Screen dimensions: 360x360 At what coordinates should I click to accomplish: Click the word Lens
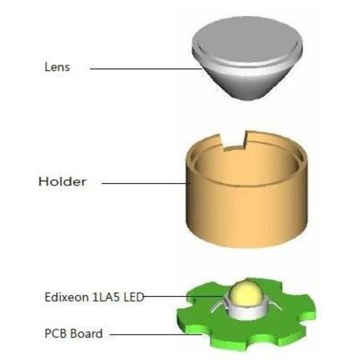click(x=57, y=67)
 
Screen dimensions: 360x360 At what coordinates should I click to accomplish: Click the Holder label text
click(x=62, y=182)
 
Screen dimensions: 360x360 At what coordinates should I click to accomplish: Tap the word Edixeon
click(x=66, y=297)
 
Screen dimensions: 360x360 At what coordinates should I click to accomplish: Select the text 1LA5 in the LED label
click(x=106, y=297)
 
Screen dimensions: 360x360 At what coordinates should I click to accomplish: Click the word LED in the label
click(x=134, y=297)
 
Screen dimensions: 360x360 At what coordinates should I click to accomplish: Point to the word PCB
click(x=56, y=334)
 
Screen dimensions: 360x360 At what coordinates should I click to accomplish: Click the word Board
click(x=86, y=334)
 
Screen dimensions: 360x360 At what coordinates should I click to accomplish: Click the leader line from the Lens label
click(x=146, y=69)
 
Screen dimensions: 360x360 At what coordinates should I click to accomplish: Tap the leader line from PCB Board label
click(x=156, y=334)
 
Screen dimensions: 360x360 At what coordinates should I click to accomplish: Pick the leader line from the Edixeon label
click(x=183, y=296)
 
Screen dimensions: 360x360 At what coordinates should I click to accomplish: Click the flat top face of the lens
click(x=246, y=38)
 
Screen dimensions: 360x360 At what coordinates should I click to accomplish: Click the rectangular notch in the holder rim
click(x=234, y=139)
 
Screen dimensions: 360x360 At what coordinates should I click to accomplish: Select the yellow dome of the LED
click(x=246, y=293)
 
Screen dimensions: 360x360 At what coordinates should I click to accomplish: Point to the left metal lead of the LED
click(x=219, y=306)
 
